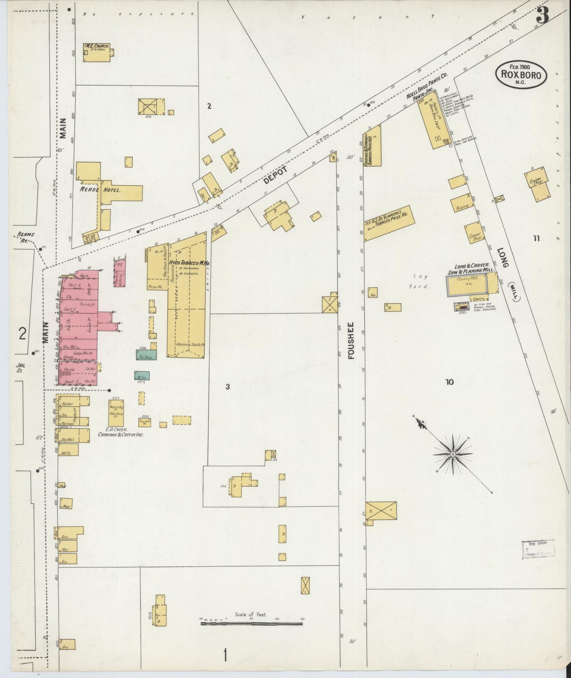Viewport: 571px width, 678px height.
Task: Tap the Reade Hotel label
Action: (100, 190)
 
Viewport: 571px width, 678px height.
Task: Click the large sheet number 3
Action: (543, 15)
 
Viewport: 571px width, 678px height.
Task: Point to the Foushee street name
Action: (351, 341)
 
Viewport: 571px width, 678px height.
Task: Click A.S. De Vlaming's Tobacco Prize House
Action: (389, 223)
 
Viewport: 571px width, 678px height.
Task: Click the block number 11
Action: (536, 238)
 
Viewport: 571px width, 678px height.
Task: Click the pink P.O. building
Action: (120, 272)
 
